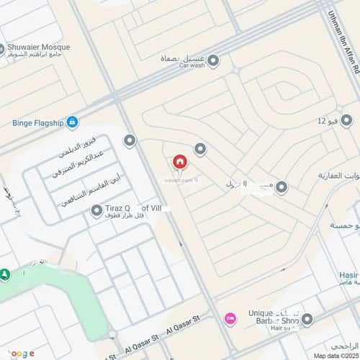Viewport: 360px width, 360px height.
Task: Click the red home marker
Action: tap(179, 162)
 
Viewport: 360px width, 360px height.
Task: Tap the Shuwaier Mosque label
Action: tap(37, 48)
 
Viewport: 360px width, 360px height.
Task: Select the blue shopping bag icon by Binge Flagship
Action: tap(72, 123)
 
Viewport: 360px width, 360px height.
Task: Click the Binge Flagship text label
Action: tap(35, 123)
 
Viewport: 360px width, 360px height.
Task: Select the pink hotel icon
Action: tap(230, 318)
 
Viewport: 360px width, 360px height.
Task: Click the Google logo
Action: tap(22, 353)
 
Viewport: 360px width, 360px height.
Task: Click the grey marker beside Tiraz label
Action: tap(97, 210)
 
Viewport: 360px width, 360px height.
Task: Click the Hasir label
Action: tap(348, 274)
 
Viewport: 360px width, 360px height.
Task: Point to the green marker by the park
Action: tap(5, 274)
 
